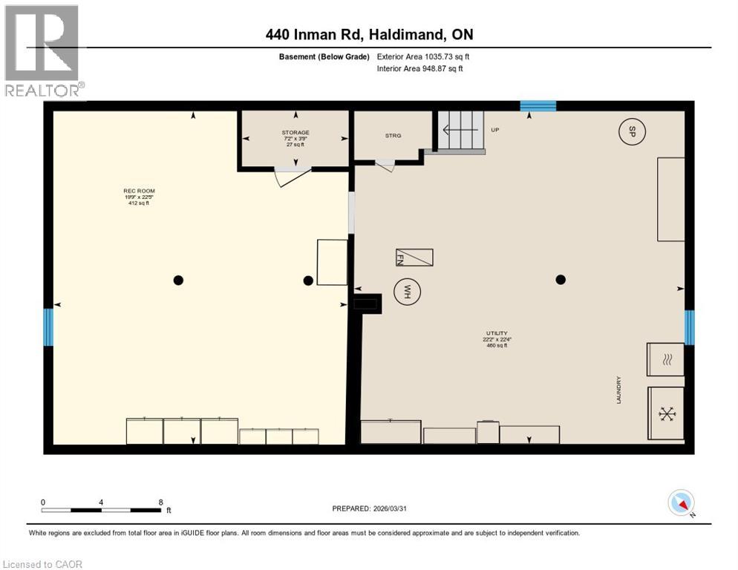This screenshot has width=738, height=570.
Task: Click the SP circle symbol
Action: (x=632, y=132)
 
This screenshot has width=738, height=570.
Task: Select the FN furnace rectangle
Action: (x=414, y=258)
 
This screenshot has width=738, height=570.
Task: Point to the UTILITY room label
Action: (x=497, y=339)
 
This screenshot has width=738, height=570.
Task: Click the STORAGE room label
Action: (x=295, y=138)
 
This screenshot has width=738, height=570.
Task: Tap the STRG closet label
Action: (x=393, y=136)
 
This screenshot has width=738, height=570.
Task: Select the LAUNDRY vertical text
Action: (x=618, y=390)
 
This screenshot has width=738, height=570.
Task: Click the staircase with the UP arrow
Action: (x=460, y=131)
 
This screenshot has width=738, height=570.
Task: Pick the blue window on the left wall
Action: (x=49, y=327)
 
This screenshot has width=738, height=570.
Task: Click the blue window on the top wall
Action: (x=538, y=106)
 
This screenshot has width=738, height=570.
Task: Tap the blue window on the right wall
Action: (x=688, y=327)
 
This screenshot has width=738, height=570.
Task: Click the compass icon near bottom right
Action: (x=681, y=503)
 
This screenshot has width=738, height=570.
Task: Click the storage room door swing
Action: (x=291, y=177)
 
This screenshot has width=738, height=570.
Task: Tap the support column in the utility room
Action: (x=561, y=280)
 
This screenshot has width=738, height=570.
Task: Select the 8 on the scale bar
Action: (x=160, y=502)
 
